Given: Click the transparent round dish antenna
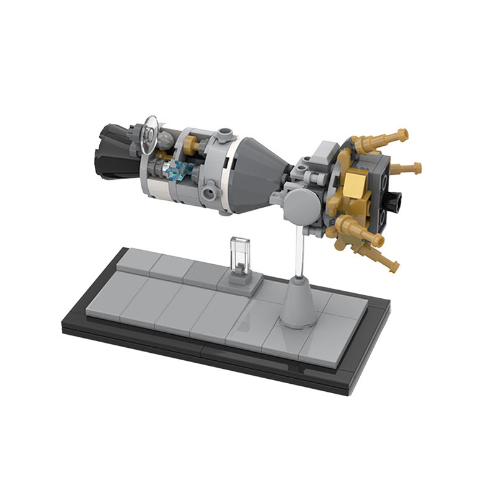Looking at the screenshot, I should pyautogui.click(x=149, y=134).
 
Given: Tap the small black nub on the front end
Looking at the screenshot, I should pyautogui.click(x=395, y=200).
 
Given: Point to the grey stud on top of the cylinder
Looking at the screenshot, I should pyautogui.click(x=225, y=133).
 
